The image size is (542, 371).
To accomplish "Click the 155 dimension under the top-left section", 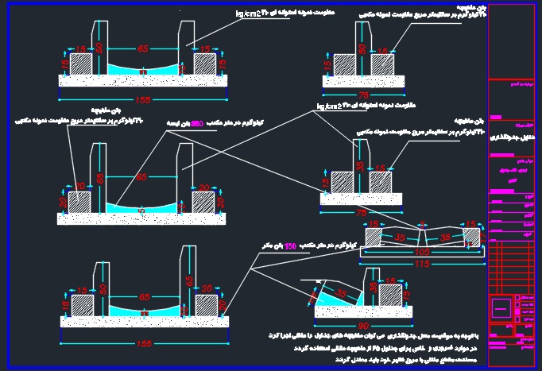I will pos(142,100).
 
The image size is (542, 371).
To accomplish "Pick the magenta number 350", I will pos(199,123).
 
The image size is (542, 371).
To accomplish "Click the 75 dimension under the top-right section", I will pos(362,94).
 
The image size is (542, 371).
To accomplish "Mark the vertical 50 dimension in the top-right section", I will pos(362,49).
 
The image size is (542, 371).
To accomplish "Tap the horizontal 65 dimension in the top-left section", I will pos(143,49).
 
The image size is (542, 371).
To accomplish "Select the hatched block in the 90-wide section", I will pos(389,296).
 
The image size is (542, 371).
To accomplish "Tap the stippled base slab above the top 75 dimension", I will pos(362,79).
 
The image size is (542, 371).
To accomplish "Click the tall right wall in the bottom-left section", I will pos(189,278).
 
